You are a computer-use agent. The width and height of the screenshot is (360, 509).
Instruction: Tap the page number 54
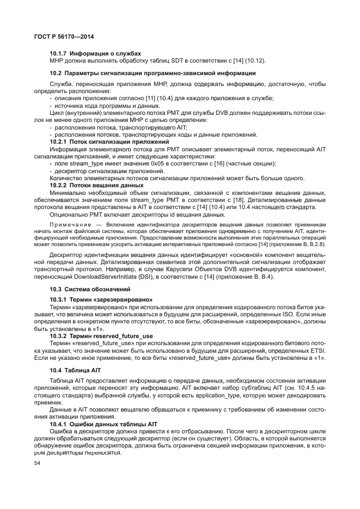click(38, 463)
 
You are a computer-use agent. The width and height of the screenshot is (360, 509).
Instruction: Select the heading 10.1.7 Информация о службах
click(95, 53)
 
